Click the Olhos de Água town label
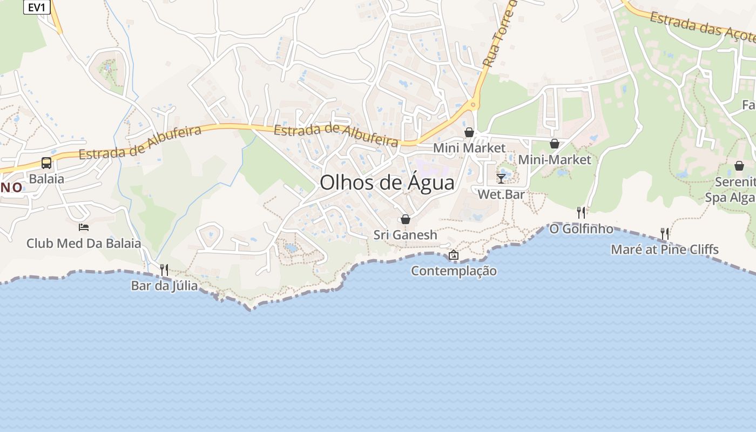pyautogui.click(x=387, y=183)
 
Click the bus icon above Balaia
pyautogui.click(x=46, y=163)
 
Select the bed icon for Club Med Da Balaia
pyautogui.click(x=84, y=227)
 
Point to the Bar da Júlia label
pyautogui.click(x=164, y=286)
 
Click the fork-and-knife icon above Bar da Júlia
pyautogui.click(x=164, y=269)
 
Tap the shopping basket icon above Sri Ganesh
pyautogui.click(x=406, y=219)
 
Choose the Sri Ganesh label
pyautogui.click(x=406, y=235)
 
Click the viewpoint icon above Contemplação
pyautogui.click(x=454, y=255)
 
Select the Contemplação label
pyautogui.click(x=454, y=271)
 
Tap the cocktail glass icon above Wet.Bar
pyautogui.click(x=501, y=178)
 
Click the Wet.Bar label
pyautogui.click(x=501, y=194)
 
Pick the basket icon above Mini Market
pyautogui.click(x=469, y=132)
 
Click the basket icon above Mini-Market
pyautogui.click(x=555, y=144)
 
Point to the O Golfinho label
pyautogui.click(x=581, y=228)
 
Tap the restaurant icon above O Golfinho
pyautogui.click(x=581, y=212)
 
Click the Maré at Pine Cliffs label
pyautogui.click(x=665, y=249)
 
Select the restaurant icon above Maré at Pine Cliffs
pyautogui.click(x=665, y=233)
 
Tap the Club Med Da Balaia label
pyautogui.click(x=84, y=243)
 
